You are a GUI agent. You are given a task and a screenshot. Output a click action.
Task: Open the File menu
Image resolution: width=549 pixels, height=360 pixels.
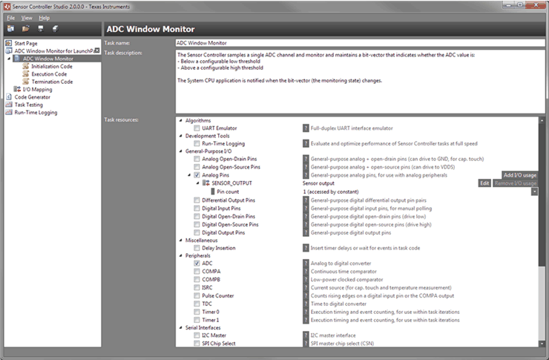click(x=11, y=17)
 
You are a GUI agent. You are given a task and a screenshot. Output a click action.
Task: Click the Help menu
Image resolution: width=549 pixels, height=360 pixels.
click(x=45, y=17)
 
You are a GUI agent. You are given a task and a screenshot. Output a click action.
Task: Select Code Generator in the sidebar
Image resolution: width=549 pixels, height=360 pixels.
click(x=32, y=97)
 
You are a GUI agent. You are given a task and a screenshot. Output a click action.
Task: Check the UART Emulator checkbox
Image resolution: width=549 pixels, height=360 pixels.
click(x=197, y=128)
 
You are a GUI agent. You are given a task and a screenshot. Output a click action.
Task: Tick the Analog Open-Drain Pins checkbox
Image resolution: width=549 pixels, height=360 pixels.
click(x=197, y=159)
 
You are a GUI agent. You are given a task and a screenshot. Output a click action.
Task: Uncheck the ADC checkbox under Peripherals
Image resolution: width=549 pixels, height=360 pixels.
click(x=197, y=263)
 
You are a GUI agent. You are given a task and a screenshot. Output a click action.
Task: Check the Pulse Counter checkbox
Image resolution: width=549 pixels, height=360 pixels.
click(x=197, y=295)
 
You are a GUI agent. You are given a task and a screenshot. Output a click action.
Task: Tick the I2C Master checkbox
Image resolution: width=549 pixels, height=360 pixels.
click(x=197, y=335)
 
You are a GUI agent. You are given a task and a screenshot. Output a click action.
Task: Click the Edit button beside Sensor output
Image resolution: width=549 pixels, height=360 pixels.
click(x=484, y=183)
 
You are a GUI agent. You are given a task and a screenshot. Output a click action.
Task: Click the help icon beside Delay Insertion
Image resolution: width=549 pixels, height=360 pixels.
click(x=305, y=247)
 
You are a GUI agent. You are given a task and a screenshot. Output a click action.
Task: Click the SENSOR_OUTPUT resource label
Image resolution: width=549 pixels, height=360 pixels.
click(x=231, y=183)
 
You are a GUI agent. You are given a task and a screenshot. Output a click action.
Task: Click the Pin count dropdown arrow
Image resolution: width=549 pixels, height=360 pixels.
click(x=535, y=192)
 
